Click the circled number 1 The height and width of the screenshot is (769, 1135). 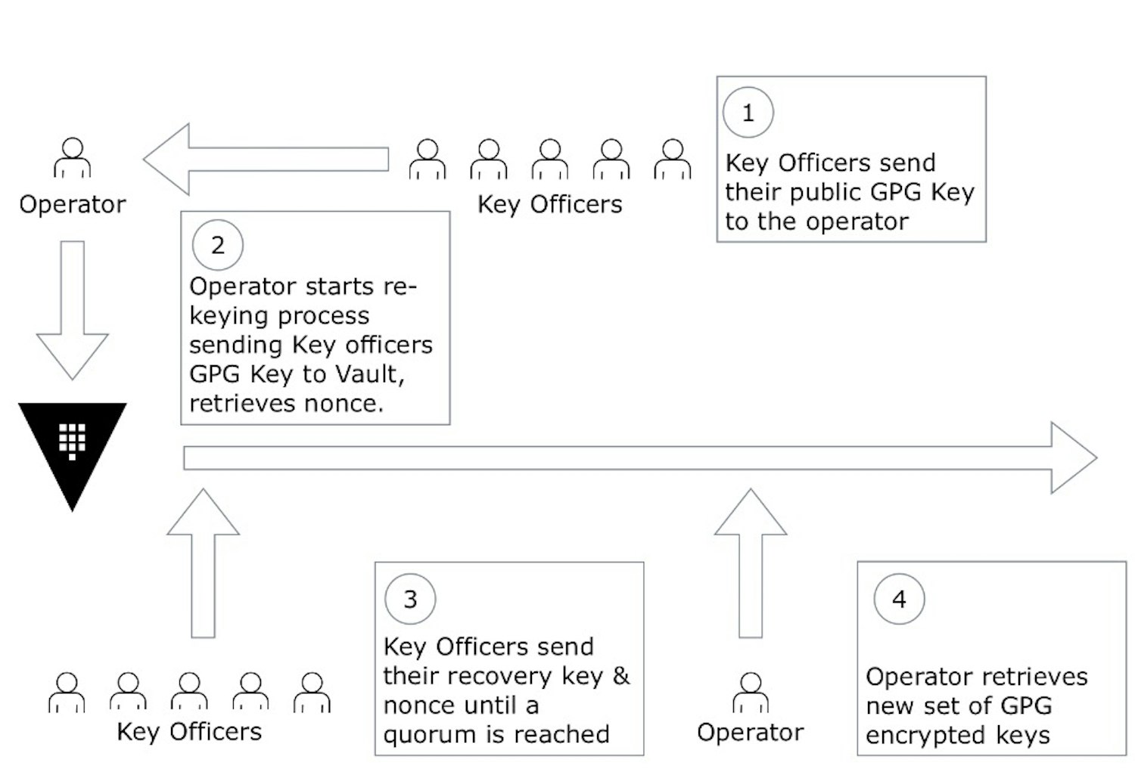(748, 113)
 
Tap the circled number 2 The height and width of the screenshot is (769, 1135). (218, 246)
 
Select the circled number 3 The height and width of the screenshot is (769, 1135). (410, 600)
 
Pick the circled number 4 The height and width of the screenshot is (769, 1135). (899, 600)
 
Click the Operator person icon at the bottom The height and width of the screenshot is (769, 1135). (750, 692)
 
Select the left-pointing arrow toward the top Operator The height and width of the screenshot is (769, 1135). (265, 160)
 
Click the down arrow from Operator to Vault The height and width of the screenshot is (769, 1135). (73, 310)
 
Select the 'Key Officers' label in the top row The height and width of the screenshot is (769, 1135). (549, 204)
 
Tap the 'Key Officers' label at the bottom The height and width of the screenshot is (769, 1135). (189, 732)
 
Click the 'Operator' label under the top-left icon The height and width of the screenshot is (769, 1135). (73, 204)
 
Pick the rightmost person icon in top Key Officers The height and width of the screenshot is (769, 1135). (672, 159)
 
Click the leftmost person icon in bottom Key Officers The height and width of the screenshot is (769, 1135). (67, 692)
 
